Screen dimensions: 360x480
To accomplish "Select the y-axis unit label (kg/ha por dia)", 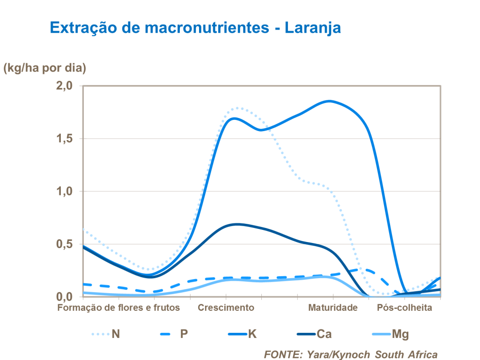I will [x=45, y=68].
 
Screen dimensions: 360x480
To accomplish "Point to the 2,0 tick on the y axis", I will [x=64, y=86].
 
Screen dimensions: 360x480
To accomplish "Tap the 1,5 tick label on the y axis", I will [x=64, y=139].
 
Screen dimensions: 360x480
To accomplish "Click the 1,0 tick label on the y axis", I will [x=64, y=191].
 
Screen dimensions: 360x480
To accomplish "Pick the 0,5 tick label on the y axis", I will [x=64, y=244].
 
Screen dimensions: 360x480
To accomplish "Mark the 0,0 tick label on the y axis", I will [x=64, y=297].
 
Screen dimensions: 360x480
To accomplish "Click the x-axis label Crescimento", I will [x=226, y=308].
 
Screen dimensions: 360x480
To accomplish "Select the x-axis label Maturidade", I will [x=333, y=308].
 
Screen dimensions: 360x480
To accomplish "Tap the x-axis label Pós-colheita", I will [x=405, y=308].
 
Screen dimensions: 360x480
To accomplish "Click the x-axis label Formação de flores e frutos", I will [x=118, y=308].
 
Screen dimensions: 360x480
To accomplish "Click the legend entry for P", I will [x=174, y=334].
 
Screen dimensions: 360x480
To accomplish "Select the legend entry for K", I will [x=242, y=334].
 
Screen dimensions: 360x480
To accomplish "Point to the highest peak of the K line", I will [x=330, y=101].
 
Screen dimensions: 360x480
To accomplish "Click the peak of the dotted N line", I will [x=238, y=108].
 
